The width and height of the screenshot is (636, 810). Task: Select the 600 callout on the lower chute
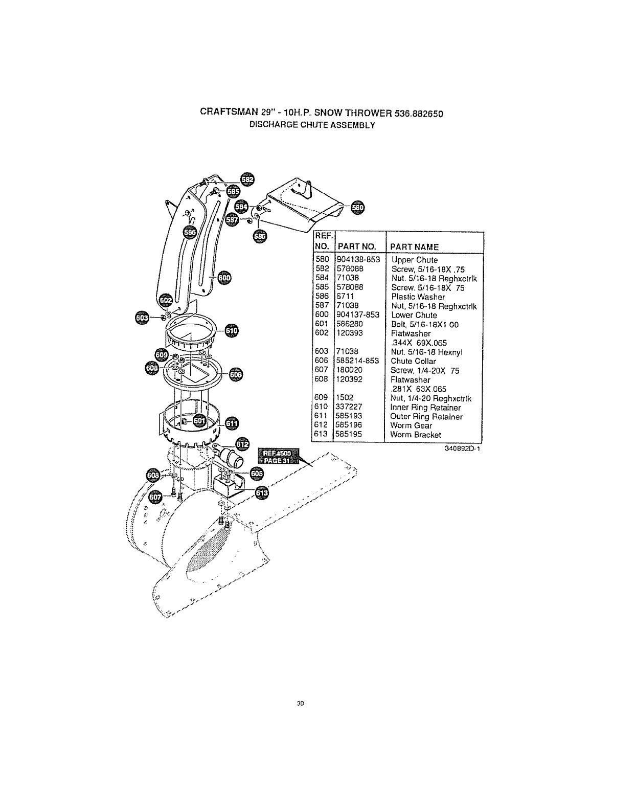point(224,278)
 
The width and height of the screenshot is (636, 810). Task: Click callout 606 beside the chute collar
point(236,375)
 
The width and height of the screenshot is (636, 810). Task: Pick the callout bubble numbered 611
point(232,423)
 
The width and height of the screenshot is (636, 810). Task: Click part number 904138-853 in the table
point(358,260)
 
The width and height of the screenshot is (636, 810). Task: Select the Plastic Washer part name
point(418,297)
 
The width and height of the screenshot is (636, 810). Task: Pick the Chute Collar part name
point(413,361)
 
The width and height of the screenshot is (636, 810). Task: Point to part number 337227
point(349,407)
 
